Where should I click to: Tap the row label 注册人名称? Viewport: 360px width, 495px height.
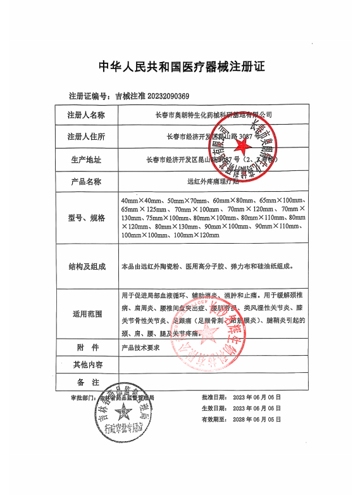(86, 116)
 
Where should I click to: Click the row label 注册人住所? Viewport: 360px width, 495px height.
(86, 137)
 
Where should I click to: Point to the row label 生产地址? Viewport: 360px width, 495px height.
(86, 160)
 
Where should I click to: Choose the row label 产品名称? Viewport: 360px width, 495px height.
(86, 182)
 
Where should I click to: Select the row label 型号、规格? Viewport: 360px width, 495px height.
(86, 218)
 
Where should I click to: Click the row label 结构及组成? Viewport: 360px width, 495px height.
(86, 266)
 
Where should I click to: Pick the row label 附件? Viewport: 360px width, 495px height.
(86, 348)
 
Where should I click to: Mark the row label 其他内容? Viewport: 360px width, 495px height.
(86, 365)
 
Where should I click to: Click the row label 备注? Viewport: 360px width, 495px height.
(86, 382)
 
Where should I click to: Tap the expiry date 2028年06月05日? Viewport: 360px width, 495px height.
(256, 419)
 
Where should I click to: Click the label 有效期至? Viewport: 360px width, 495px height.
(213, 419)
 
